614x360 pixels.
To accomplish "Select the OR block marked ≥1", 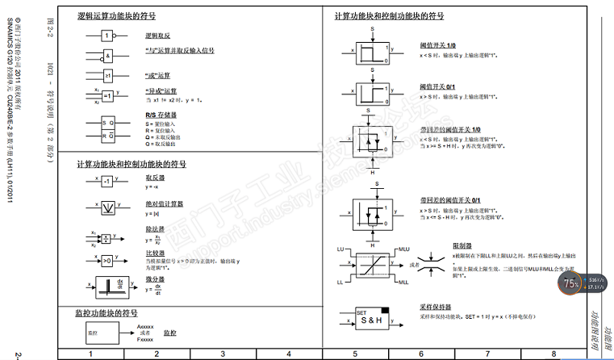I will click(x=107, y=76).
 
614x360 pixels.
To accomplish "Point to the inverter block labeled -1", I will click(x=107, y=182).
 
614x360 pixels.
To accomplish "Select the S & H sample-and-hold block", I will click(x=372, y=320).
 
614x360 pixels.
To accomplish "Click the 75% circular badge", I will click(x=571, y=283).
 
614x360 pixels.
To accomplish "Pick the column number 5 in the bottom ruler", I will click(x=354, y=354).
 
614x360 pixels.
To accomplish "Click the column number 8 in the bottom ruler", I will click(x=553, y=354).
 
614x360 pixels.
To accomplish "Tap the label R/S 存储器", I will click(x=161, y=115).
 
